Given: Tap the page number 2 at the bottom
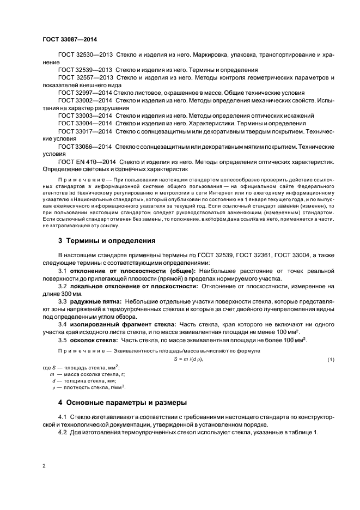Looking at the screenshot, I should pos(44,466).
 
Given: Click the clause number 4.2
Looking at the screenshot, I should pos(63,432).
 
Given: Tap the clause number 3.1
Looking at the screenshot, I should pos(62,271).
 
